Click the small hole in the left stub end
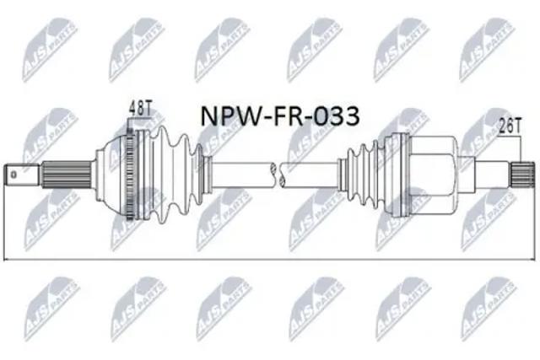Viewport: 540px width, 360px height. coord(13,175)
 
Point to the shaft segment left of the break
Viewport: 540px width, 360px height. coord(240,175)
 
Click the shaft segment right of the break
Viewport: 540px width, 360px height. coord(312,175)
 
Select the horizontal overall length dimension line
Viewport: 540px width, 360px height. coord(270,258)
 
